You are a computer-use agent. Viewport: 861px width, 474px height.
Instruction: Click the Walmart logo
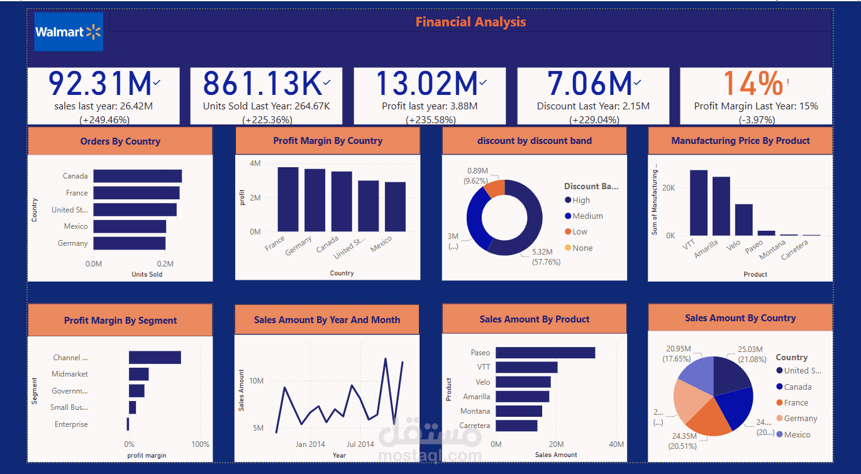coord(68,31)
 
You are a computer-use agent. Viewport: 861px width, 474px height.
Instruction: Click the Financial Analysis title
coord(470,22)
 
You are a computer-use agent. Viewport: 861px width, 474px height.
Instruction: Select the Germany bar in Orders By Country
coord(130,243)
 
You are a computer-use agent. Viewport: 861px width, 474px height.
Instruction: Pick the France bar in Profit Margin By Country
coord(288,199)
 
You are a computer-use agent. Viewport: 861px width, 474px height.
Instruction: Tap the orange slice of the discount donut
coord(496,188)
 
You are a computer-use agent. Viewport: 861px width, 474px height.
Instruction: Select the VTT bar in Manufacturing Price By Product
coord(698,202)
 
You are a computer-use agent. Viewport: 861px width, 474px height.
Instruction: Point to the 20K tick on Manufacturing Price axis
coord(668,188)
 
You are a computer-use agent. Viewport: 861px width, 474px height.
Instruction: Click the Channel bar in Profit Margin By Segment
coord(155,358)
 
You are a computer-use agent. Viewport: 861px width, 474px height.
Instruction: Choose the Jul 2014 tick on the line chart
coord(360,444)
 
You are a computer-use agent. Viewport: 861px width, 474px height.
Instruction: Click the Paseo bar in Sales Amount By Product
coord(545,353)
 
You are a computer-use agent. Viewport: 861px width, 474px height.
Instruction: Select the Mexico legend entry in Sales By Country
coord(797,435)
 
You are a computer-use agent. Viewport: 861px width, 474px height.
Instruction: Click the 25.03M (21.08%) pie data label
coord(750,354)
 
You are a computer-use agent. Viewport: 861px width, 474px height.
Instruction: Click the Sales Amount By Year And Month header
coord(326,320)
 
